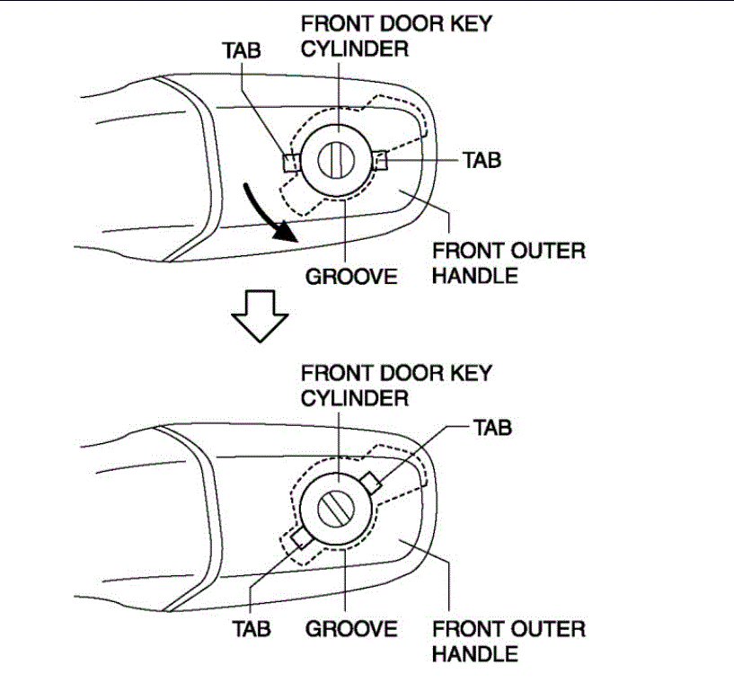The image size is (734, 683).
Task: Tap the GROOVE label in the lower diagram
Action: [351, 627]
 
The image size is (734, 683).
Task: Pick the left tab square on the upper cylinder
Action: [290, 162]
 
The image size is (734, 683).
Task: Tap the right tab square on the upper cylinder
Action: [378, 161]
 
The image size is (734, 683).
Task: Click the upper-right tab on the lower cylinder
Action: [375, 484]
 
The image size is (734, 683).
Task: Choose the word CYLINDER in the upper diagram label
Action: [354, 48]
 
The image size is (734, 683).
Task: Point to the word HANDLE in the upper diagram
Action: [474, 276]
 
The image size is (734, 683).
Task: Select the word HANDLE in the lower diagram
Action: [474, 653]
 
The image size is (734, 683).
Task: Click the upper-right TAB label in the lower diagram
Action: [492, 428]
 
